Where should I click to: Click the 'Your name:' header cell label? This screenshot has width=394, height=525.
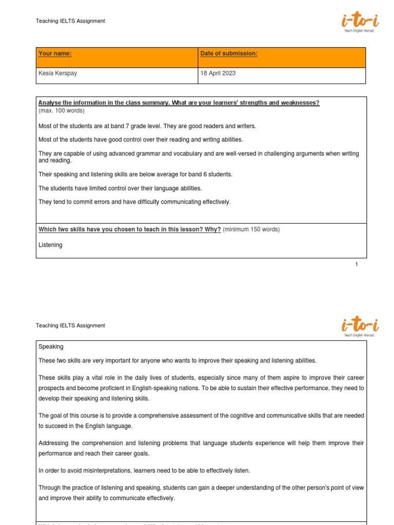[55, 54]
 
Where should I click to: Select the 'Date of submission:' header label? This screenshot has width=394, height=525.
[229, 54]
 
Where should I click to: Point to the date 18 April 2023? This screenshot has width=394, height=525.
[218, 73]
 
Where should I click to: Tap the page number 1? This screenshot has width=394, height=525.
[357, 265]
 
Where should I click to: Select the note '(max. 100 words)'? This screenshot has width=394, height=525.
[62, 111]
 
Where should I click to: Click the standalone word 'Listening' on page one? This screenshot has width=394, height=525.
[50, 245]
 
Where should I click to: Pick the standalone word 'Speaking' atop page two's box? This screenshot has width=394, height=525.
[51, 347]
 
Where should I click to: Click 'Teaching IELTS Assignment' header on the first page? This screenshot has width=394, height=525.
[70, 21]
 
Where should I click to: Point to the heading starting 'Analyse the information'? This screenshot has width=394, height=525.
[179, 103]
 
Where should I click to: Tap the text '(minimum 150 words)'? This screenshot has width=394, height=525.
[251, 230]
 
